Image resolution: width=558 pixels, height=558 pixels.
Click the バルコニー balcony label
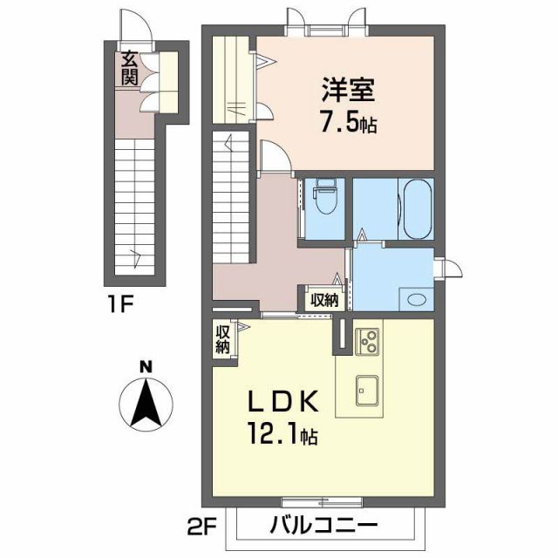pos(323,526)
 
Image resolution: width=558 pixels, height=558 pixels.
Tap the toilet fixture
pos(326,198)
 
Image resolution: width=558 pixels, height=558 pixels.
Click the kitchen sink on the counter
pos(365,391)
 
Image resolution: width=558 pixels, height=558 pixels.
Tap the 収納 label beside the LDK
pos(223,338)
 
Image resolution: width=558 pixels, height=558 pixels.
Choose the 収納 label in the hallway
pos(325,298)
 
